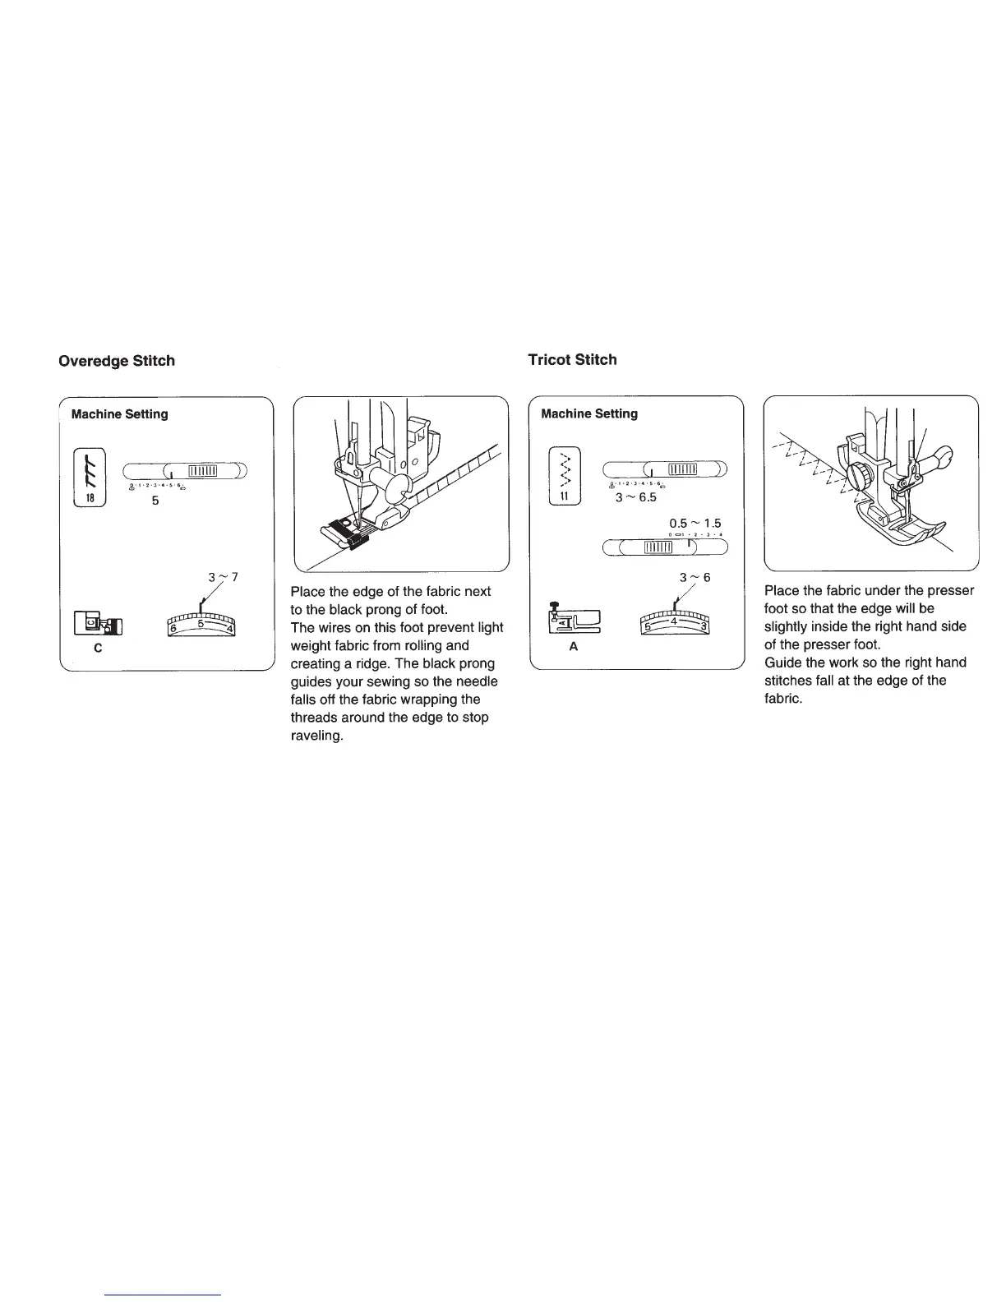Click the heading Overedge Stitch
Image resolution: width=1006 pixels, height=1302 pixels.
(116, 361)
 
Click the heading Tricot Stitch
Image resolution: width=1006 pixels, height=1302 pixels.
(572, 359)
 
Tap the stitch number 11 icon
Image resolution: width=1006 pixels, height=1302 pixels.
(564, 476)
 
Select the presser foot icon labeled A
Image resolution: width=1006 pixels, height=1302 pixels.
(574, 619)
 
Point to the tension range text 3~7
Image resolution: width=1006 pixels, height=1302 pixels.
(223, 577)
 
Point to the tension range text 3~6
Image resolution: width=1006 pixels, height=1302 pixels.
(695, 577)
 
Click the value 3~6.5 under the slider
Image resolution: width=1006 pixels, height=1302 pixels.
(636, 497)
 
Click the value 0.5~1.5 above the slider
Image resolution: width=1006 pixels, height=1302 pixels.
(695, 524)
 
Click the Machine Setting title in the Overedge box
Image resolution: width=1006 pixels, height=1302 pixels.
(120, 414)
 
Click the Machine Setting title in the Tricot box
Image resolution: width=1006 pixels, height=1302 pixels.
(589, 413)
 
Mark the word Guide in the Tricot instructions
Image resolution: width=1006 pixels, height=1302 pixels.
(782, 663)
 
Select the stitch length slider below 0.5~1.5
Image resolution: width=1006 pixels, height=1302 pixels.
(665, 548)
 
